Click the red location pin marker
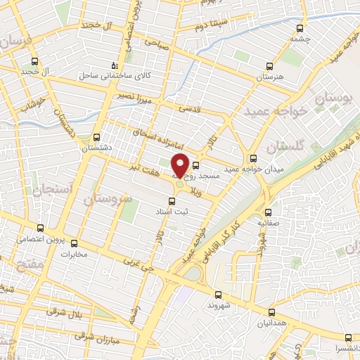180,165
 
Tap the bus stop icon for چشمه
301,29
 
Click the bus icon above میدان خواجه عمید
252,158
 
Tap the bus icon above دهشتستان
97,138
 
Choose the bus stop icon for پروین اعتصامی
40,227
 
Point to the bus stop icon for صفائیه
267,212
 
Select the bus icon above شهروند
217,295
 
